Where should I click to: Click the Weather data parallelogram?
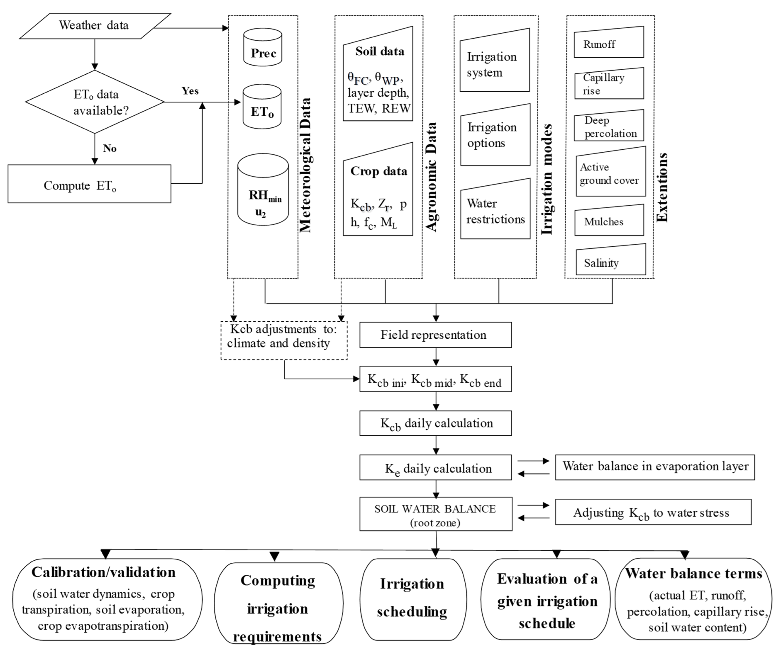[95, 26]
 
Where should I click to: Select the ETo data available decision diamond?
[95, 102]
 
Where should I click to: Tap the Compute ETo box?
[89, 184]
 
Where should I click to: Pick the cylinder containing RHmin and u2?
[263, 191]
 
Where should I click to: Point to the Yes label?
[190, 91]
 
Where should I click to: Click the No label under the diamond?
[110, 148]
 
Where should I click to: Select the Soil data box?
[378, 78]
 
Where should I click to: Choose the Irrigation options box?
[495, 135]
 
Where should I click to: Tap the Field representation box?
[435, 335]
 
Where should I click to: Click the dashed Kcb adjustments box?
[284, 340]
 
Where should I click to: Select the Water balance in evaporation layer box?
[655, 467]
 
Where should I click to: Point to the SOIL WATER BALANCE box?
[435, 515]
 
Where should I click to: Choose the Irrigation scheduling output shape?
[413, 599]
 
